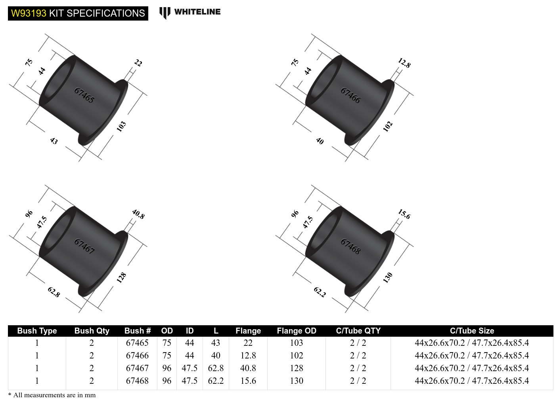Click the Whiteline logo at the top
click(x=190, y=12)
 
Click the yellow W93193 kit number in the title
click(x=29, y=13)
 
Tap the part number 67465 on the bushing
click(x=84, y=95)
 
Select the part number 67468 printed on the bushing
click(x=350, y=247)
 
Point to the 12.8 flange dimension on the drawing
click(x=404, y=63)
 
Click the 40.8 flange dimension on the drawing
click(x=138, y=214)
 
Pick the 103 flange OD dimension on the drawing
click(x=121, y=126)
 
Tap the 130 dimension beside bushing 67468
click(x=387, y=277)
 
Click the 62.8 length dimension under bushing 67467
click(x=54, y=292)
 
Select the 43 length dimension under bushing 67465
click(x=54, y=140)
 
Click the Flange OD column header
click(x=296, y=331)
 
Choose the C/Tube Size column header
click(x=472, y=331)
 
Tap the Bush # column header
click(x=137, y=331)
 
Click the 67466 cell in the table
click(x=137, y=355)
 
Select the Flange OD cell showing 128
click(x=296, y=368)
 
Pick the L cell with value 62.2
click(x=216, y=381)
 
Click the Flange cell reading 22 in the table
click(x=248, y=343)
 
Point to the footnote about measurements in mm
click(x=52, y=395)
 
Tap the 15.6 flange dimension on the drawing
click(x=404, y=214)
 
